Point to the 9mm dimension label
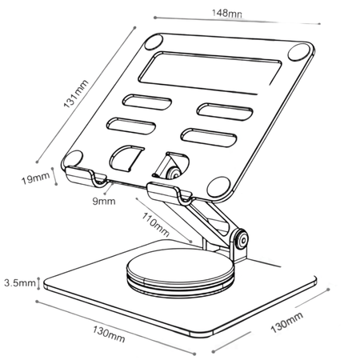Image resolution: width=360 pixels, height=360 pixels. (x=102, y=202)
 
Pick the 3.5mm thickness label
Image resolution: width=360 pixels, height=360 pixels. (x=18, y=283)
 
